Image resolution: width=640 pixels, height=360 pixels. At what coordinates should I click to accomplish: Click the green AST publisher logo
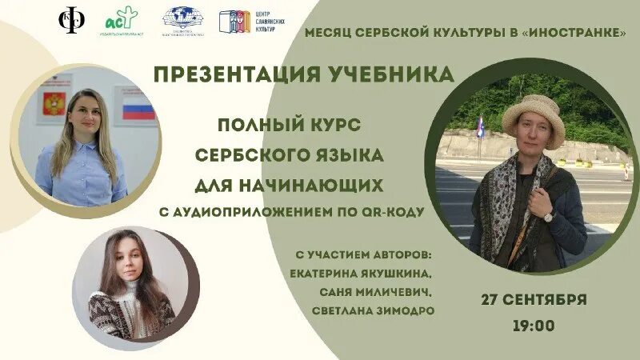pyautogui.click(x=122, y=22)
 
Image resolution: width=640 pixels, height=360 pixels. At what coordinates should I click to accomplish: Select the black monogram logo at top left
pyautogui.click(x=73, y=21)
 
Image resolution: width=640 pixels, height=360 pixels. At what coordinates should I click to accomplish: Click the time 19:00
pyautogui.click(x=534, y=326)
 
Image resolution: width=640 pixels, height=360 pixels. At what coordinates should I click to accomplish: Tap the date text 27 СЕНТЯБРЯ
pyautogui.click(x=534, y=300)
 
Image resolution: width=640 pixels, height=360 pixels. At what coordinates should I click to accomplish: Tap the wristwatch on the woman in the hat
pyautogui.click(x=548, y=216)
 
